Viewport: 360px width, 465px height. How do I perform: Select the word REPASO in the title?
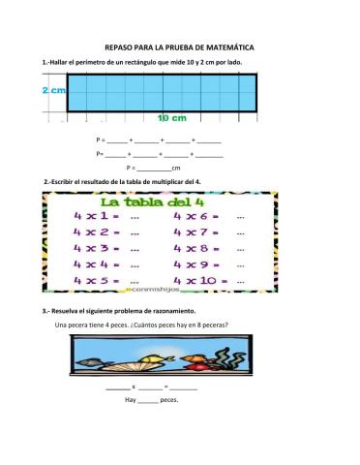(x=117, y=46)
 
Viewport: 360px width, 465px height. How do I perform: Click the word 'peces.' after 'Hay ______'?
(x=169, y=399)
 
